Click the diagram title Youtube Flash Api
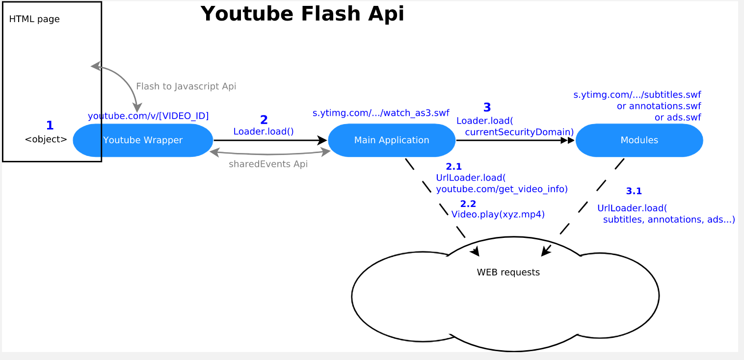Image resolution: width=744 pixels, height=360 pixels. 302,14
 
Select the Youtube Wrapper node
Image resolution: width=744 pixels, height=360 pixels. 143,140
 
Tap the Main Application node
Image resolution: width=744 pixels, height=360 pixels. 392,140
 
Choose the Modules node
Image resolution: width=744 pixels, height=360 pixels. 639,140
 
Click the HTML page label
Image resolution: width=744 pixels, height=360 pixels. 34,20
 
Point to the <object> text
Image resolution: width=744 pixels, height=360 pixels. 46,139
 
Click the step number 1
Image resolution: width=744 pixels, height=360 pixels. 50,126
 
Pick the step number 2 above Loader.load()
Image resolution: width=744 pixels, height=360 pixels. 264,120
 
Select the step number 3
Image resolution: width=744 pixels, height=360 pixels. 487,107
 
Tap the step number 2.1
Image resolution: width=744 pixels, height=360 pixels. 453,167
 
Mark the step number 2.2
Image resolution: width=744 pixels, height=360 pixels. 468,204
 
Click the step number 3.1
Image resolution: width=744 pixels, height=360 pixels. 634,191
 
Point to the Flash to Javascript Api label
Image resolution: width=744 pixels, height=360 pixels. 186,86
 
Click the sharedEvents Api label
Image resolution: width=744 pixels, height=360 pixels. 268,164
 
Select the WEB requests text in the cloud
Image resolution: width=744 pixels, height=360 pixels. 508,272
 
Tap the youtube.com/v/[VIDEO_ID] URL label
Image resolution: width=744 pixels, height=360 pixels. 148,116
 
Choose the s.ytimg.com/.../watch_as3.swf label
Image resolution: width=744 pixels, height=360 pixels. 381,113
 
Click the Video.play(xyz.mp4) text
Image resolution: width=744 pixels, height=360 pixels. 498,214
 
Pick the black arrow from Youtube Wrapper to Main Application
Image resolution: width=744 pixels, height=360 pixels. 270,140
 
